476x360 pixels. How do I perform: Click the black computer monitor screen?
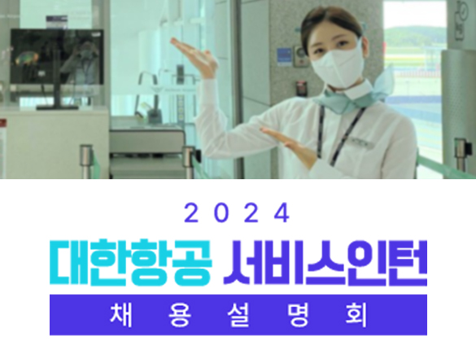[x=57, y=56]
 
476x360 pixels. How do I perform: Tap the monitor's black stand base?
[x=57, y=107]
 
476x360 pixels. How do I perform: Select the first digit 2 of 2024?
[x=191, y=213]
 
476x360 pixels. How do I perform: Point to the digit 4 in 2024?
[x=282, y=213]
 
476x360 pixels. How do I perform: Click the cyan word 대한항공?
[x=130, y=263]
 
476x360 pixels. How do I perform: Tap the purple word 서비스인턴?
[x=325, y=263]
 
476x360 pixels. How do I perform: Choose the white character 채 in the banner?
[x=120, y=315]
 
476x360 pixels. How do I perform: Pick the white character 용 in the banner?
[x=180, y=315]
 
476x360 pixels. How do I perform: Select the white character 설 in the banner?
[x=238, y=315]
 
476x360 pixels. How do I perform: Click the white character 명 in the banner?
[x=298, y=315]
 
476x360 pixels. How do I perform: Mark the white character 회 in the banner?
[x=356, y=315]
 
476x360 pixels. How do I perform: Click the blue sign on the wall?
[x=285, y=57]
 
